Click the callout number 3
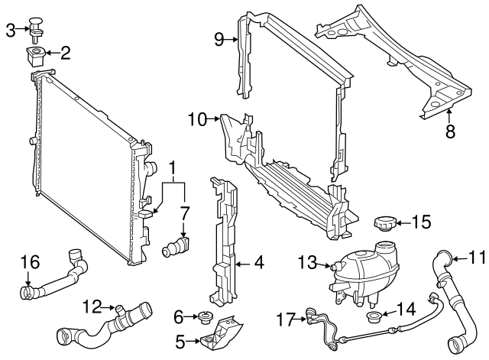tap(10, 30)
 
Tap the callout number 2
tap(65, 53)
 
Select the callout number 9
tap(219, 39)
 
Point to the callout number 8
tap(450, 131)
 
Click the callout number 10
tap(197, 119)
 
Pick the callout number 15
tap(422, 222)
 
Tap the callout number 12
tap(92, 307)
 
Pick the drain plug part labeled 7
tap(178, 248)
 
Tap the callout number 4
tap(259, 264)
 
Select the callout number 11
tap(476, 258)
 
